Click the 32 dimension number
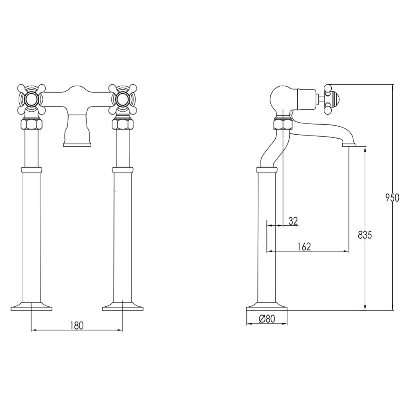[293, 221]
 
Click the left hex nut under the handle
[31, 124]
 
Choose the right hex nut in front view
[122, 124]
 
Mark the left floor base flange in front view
[31, 306]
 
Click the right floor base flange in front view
[122, 306]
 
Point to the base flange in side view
[267, 306]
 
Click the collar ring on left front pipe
[31, 170]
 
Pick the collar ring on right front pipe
[122, 170]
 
